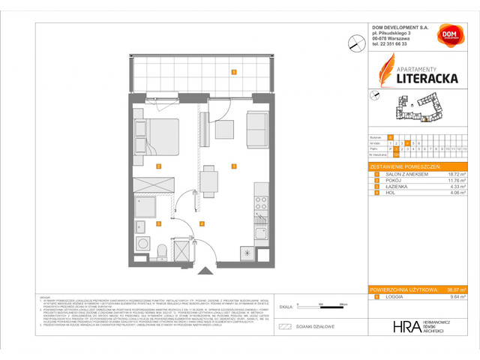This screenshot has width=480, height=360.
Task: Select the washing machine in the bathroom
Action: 141,244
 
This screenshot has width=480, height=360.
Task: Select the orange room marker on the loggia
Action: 234,73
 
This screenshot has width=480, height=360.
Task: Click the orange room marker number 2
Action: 158,166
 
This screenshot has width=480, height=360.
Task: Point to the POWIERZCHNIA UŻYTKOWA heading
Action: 403,289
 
